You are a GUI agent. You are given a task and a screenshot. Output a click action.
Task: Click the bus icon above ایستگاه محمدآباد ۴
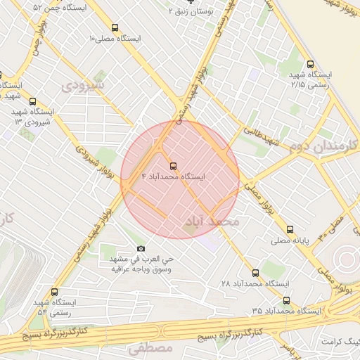point(173,167)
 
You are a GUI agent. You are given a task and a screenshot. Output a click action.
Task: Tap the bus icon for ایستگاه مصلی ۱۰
point(115,28)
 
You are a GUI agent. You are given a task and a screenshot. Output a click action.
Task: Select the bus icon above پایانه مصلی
point(289,229)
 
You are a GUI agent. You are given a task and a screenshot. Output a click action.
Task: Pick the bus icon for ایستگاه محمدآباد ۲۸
point(255,272)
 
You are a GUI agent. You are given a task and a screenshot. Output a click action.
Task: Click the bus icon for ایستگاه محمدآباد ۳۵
point(285,300)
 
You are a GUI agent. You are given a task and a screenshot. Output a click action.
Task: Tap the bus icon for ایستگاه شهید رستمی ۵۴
point(54,292)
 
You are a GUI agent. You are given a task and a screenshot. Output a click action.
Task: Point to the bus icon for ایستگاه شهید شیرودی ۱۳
point(32,102)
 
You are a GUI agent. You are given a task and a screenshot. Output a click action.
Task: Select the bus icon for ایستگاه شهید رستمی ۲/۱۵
point(310,65)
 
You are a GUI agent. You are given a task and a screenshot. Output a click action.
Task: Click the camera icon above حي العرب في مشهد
point(141,249)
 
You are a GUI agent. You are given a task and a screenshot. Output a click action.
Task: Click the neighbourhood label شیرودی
point(82,86)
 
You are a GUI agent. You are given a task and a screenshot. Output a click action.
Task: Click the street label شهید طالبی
point(262,136)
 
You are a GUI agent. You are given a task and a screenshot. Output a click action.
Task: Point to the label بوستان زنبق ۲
point(191,12)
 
